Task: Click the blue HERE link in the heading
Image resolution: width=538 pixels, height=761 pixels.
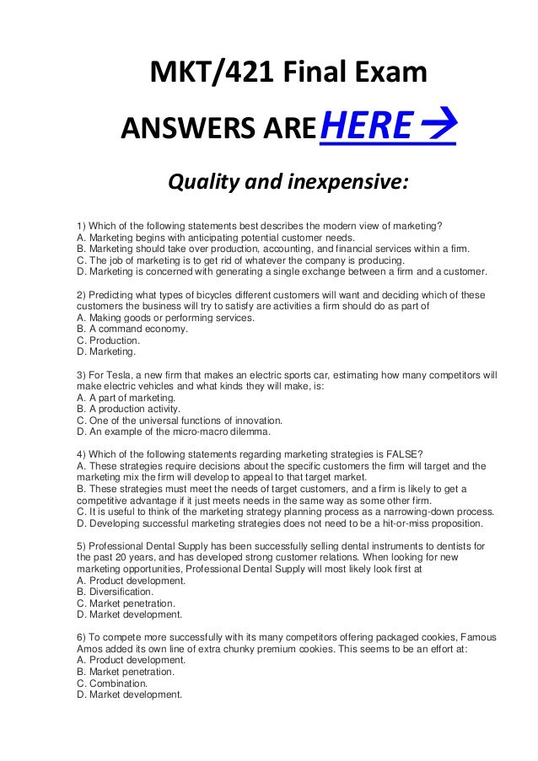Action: point(368,127)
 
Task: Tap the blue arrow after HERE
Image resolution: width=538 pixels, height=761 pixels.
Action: point(438,127)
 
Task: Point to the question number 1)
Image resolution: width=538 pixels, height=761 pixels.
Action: point(81,226)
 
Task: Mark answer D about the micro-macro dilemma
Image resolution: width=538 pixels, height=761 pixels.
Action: point(173,431)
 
